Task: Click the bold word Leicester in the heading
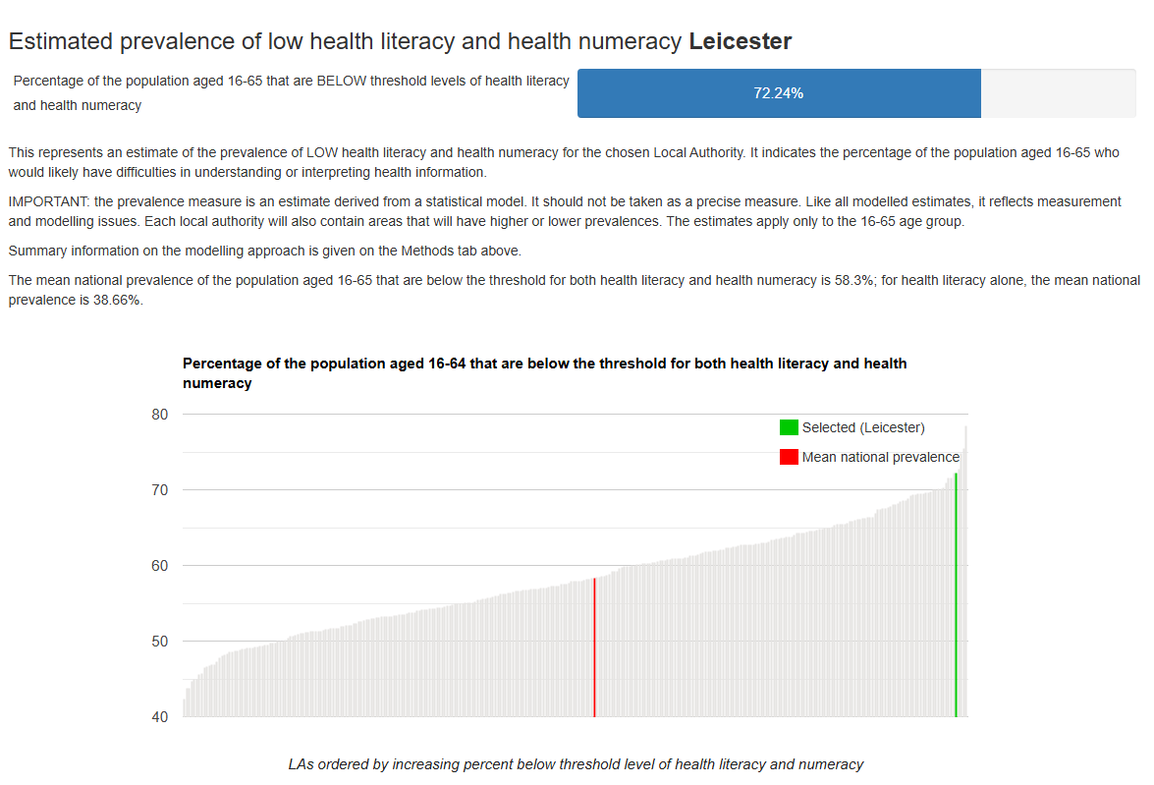(x=740, y=41)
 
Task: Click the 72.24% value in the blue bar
(x=778, y=93)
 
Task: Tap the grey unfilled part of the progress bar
(x=1057, y=93)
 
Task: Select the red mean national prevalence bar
(x=594, y=648)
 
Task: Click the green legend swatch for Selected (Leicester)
(x=789, y=427)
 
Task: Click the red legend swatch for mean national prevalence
(x=789, y=457)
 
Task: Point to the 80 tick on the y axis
(x=160, y=415)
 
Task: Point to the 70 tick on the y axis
(x=160, y=490)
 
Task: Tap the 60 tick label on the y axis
(x=160, y=566)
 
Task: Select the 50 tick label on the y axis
(x=160, y=642)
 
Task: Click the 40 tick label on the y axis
(x=160, y=717)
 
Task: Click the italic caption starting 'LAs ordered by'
(x=576, y=764)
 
